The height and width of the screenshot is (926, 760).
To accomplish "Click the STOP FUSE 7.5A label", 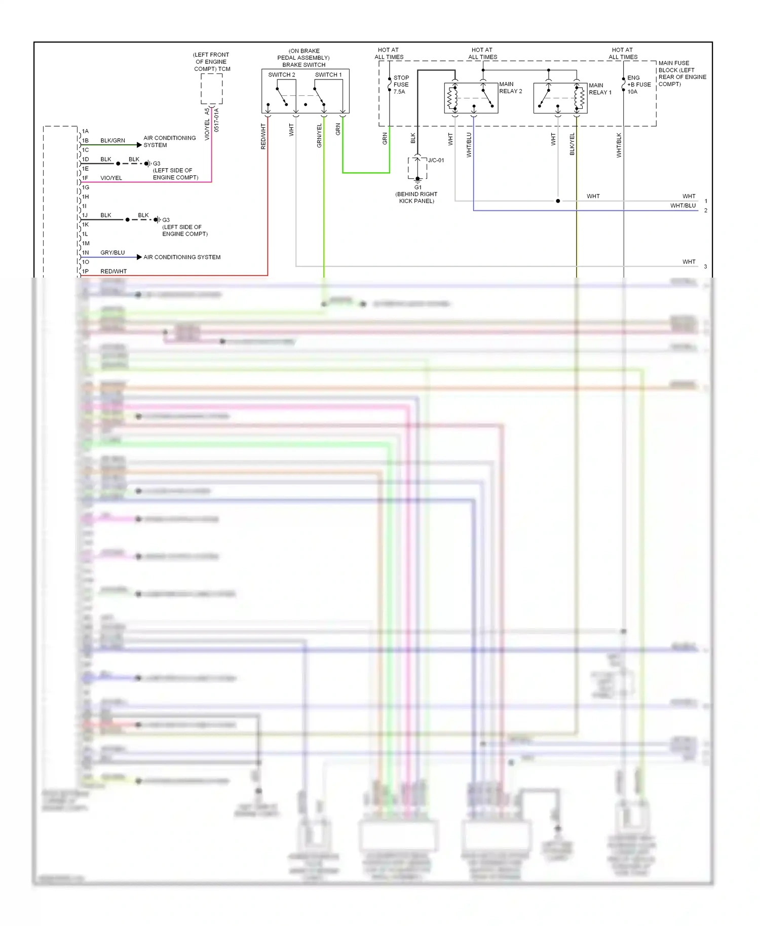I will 401,85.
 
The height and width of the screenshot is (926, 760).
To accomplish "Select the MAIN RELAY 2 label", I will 510,88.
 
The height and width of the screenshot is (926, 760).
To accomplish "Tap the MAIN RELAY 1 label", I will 600,89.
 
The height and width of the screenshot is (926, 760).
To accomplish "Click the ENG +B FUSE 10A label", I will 638,85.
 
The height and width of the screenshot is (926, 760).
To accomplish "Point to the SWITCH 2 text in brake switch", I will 281,74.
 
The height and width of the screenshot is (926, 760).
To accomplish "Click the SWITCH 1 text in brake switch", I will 328,74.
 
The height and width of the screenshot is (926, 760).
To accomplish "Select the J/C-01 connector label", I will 436,160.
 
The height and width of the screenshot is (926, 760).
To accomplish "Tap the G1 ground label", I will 418,187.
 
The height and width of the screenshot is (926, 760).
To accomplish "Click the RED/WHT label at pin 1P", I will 113,272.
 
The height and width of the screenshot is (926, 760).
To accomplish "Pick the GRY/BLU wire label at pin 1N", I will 112,252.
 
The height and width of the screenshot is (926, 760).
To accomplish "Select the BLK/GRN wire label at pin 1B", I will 112,140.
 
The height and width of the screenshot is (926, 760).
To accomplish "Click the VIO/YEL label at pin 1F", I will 111,178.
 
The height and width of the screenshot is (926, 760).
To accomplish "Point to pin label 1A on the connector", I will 85,131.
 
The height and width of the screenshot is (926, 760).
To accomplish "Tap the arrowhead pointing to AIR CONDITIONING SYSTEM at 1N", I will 139,257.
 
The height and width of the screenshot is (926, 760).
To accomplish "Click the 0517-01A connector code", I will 216,120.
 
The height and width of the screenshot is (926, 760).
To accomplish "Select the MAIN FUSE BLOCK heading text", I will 682,73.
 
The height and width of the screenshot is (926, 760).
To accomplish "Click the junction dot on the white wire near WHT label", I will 558,201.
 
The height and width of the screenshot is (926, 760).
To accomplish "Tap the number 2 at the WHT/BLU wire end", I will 705,211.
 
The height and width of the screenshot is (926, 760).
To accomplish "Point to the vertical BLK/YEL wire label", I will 573,144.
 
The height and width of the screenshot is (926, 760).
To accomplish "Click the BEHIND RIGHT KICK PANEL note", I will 416,198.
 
